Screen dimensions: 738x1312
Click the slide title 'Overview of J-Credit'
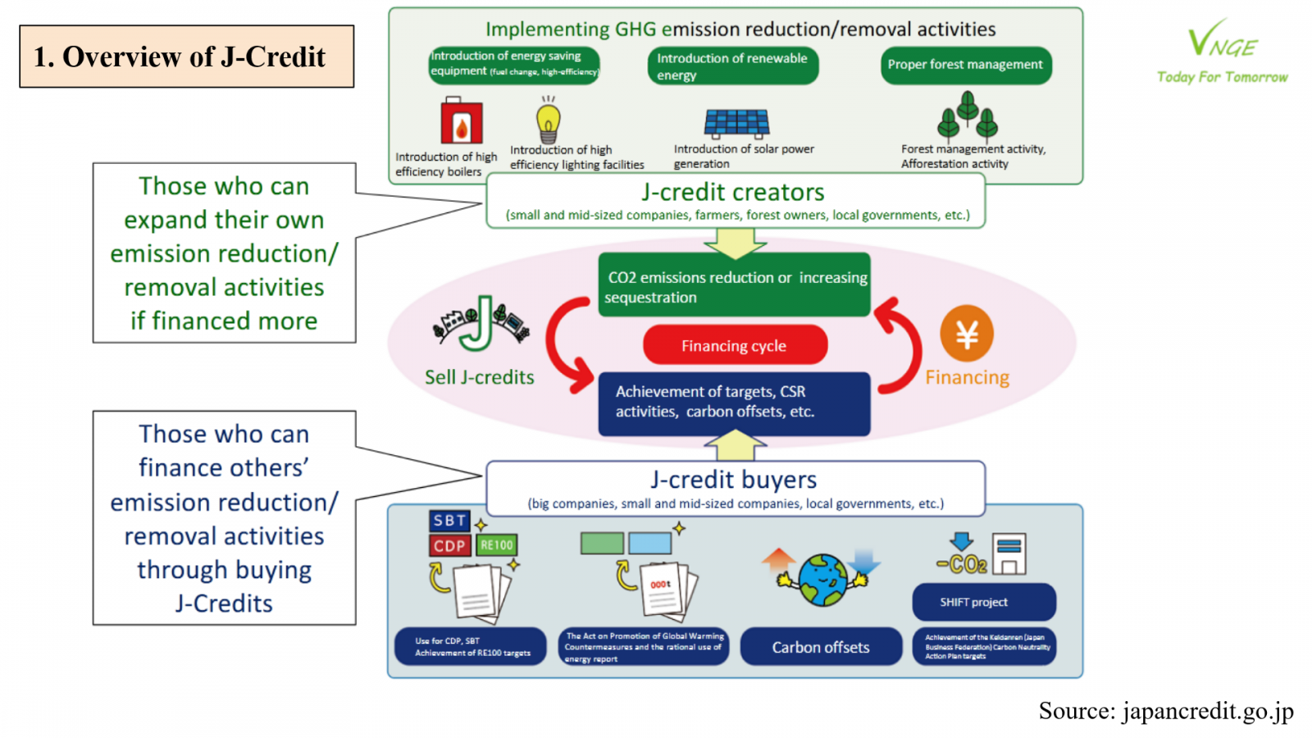[x=186, y=57]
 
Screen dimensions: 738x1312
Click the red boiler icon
[x=461, y=121]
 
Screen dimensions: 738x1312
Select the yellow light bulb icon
[x=549, y=120]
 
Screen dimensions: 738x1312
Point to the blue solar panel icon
[x=736, y=123]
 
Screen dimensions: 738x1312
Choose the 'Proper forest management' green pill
[x=965, y=65]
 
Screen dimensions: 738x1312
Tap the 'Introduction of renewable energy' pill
[x=732, y=66]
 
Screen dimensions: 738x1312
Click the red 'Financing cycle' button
[x=734, y=345]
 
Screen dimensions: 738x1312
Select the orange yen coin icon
[x=967, y=334]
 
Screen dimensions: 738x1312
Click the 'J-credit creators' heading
[x=732, y=193]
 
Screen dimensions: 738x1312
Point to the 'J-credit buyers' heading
[x=734, y=480]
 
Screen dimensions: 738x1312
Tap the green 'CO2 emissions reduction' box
[x=734, y=286]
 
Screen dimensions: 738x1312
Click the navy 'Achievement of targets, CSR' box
[x=734, y=403]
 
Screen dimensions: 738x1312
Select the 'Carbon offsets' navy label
[x=820, y=647]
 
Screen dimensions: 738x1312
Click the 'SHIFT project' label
[x=973, y=602]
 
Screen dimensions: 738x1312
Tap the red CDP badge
[x=449, y=545]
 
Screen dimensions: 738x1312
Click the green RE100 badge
[x=497, y=545]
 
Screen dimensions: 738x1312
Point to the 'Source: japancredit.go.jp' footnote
[x=1165, y=711]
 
